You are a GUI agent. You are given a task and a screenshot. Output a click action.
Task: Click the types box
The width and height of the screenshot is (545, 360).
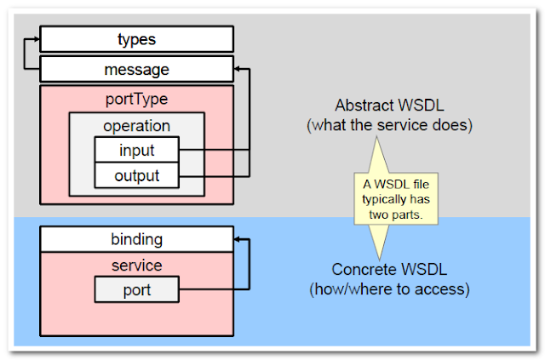pyautogui.click(x=136, y=39)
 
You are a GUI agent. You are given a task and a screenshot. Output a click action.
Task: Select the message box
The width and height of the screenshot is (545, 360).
pyautogui.click(x=136, y=70)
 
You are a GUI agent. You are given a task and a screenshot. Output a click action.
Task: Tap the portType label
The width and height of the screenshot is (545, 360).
pyautogui.click(x=136, y=98)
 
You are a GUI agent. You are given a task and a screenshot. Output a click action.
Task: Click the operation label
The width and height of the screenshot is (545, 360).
pyautogui.click(x=136, y=126)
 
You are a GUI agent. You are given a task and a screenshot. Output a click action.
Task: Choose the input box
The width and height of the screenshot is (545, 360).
pyautogui.click(x=136, y=151)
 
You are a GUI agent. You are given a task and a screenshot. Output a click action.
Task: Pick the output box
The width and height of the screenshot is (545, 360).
pyautogui.click(x=136, y=176)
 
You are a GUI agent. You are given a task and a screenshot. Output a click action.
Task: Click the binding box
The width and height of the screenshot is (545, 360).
pyautogui.click(x=136, y=239)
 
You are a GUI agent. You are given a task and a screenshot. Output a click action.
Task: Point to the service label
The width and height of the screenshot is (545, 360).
pyautogui.click(x=136, y=266)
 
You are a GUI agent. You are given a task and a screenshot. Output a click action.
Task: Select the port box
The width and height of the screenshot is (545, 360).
pyautogui.click(x=136, y=290)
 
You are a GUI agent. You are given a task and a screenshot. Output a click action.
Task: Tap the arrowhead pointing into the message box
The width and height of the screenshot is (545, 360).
pyautogui.click(x=238, y=69)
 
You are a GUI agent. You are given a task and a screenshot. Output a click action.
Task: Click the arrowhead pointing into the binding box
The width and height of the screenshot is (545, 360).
pyautogui.click(x=238, y=240)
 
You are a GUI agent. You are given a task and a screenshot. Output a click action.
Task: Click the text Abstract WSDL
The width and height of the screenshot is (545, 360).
pyautogui.click(x=390, y=107)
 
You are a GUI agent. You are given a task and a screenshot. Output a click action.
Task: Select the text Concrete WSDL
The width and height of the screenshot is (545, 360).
pyautogui.click(x=390, y=270)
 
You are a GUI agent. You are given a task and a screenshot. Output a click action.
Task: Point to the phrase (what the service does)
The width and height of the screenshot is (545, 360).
pyautogui.click(x=390, y=126)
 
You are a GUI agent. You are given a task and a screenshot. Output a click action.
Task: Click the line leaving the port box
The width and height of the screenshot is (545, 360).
pyautogui.click(x=213, y=290)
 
